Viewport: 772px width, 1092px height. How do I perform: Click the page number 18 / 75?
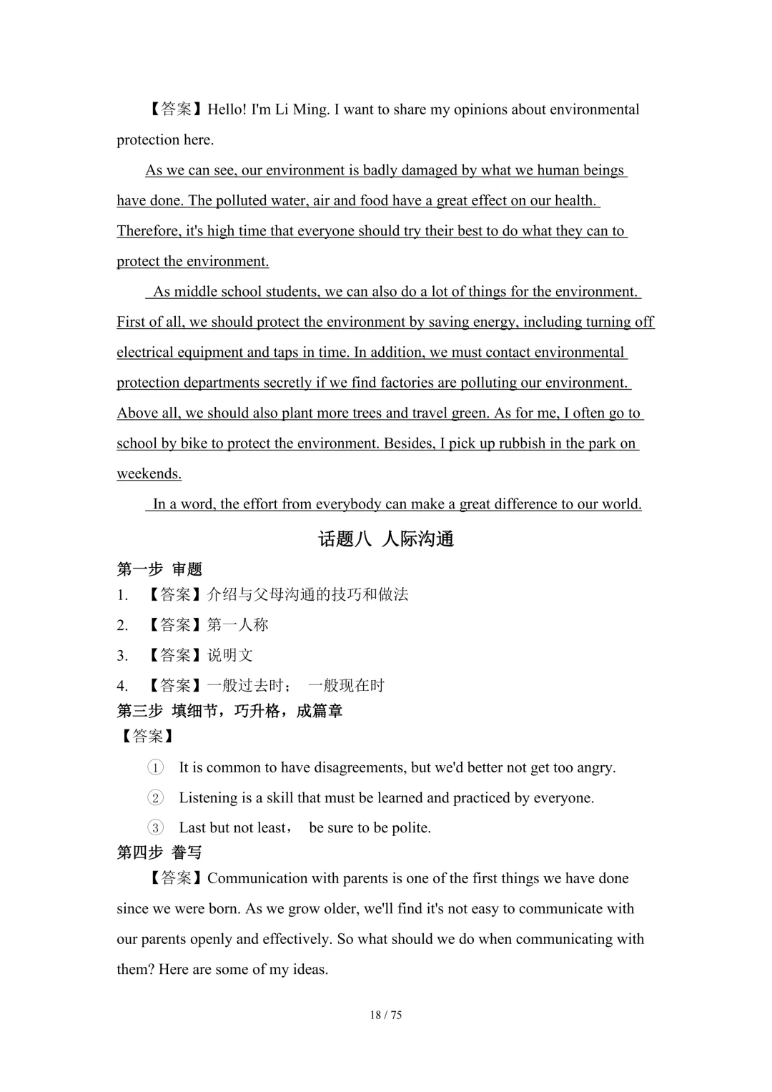pos(386,1015)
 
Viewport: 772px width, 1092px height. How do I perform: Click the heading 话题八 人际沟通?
pos(386,538)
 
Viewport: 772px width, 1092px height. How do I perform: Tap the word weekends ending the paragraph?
pos(149,473)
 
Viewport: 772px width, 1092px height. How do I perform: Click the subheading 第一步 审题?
pos(159,569)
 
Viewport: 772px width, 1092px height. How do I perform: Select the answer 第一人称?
pos(238,625)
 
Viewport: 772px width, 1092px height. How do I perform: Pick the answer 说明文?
pos(230,655)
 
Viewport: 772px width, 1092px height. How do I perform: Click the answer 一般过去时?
pos(246,685)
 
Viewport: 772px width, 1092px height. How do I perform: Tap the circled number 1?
pos(155,767)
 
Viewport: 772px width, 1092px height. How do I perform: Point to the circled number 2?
pos(155,797)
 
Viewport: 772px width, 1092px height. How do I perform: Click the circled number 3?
pos(155,827)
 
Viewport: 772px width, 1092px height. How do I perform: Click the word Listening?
pos(209,797)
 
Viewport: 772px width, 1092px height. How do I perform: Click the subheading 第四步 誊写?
pos(159,852)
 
